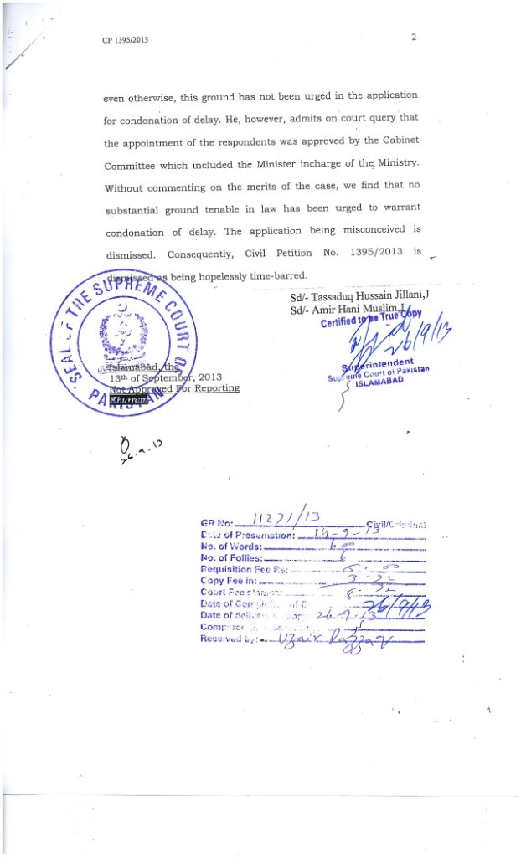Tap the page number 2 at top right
point(414,38)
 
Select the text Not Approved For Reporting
point(173,388)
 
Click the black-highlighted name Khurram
point(129,401)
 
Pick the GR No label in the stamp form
point(217,525)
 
